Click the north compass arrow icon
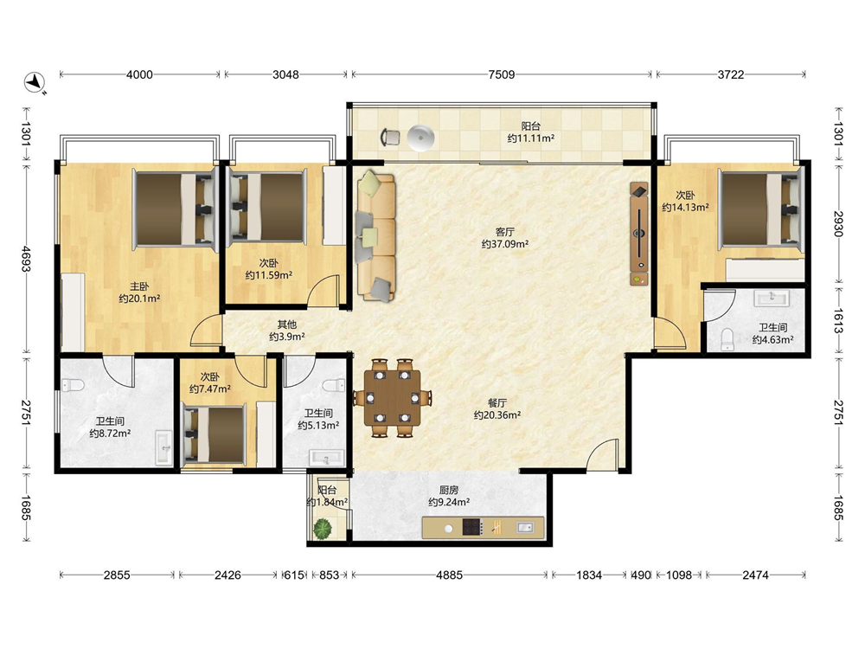(35, 81)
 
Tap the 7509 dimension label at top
(502, 74)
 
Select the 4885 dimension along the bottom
(449, 575)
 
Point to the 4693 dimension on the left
(26, 258)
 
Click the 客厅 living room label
(505, 232)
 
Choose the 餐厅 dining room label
(497, 403)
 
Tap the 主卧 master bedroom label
(139, 286)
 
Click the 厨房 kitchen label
(449, 490)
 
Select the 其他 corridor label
(287, 324)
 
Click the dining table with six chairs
(392, 398)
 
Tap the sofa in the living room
(375, 236)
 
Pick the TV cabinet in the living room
(639, 234)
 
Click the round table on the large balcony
(420, 137)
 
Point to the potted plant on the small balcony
(323, 529)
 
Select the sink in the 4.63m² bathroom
(772, 298)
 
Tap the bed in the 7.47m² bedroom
(214, 434)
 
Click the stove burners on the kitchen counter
(472, 527)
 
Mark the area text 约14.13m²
(685, 208)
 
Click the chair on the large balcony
(390, 137)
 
